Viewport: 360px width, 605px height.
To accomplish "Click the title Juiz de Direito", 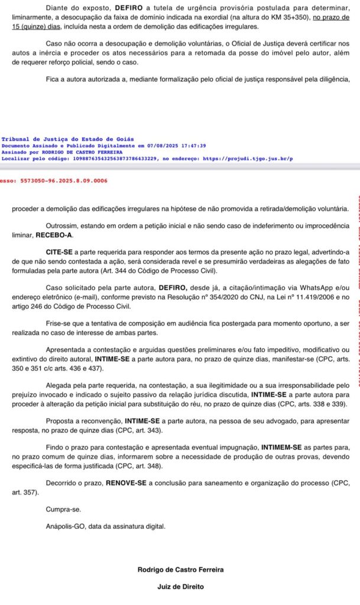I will click(180, 587).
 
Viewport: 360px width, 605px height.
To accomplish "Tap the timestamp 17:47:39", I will click(193, 145).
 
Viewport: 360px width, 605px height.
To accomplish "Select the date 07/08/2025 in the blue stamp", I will click(159, 145).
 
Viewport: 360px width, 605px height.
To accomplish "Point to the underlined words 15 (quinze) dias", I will click(37, 27).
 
